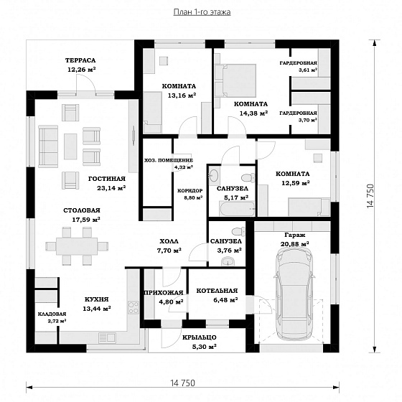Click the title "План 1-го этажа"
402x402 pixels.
tap(202, 12)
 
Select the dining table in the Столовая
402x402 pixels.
tap(77, 246)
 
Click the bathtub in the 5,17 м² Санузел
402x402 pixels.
tap(238, 208)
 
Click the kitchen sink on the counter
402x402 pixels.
tap(107, 337)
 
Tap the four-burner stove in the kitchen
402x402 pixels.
tap(134, 308)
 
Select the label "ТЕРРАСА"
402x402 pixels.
tap(80, 60)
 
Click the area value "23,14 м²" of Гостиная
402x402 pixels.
tap(111, 188)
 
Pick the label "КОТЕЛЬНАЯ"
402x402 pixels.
tap(217, 291)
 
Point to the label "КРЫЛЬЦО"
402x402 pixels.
tap(200, 337)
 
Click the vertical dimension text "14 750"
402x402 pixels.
tap(370, 196)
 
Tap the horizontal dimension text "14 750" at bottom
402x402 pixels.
tap(182, 383)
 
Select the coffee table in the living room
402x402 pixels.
tap(70, 146)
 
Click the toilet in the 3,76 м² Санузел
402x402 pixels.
tap(238, 231)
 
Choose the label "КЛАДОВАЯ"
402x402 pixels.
tap(52, 314)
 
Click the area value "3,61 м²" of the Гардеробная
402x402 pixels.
tap(308, 70)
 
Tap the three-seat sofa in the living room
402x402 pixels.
tap(48, 146)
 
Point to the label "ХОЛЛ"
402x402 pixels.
tap(169, 241)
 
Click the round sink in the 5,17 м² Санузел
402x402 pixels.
tap(213, 175)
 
